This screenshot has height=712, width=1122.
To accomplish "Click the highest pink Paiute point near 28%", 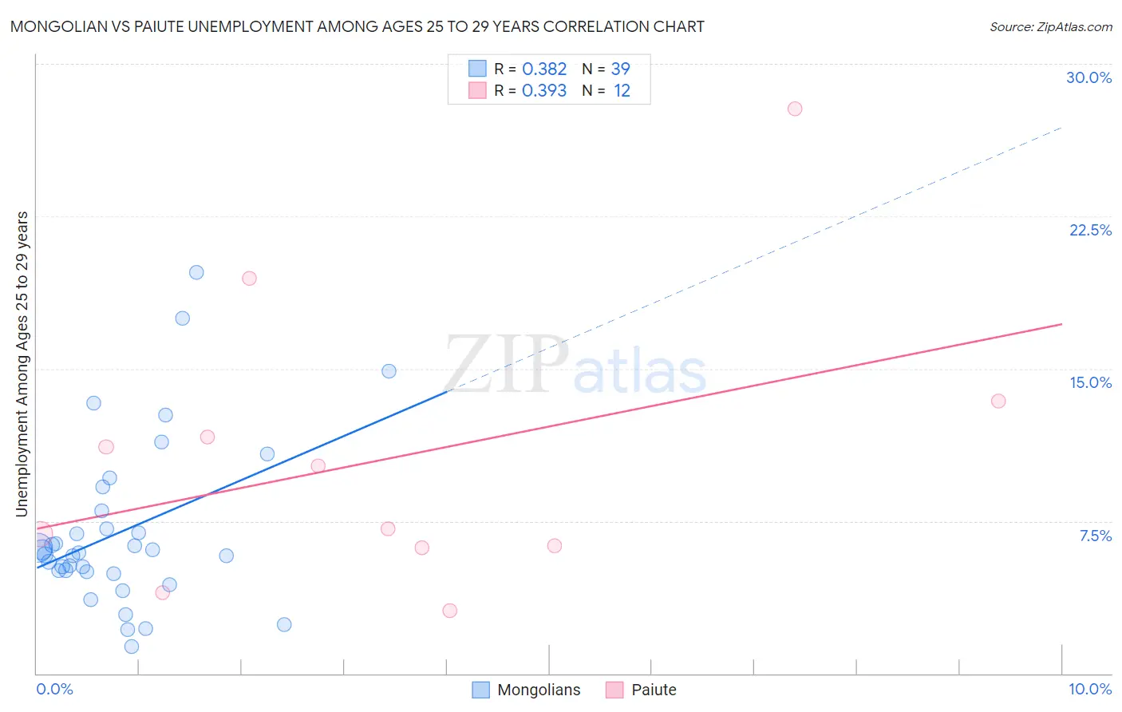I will [x=794, y=109].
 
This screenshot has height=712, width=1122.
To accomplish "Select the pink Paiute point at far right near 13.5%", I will [x=998, y=401].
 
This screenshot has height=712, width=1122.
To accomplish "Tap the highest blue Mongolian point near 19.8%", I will [x=196, y=272].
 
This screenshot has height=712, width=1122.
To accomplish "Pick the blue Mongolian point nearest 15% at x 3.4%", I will [x=389, y=371].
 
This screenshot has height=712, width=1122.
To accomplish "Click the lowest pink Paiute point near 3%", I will [x=449, y=611].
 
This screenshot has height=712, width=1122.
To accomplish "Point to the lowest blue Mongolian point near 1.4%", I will [x=132, y=647].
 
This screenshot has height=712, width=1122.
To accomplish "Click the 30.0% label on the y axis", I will [x=1088, y=77].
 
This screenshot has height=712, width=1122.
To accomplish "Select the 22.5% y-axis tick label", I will [x=1090, y=230].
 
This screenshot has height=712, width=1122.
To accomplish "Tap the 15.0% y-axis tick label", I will [x=1090, y=382].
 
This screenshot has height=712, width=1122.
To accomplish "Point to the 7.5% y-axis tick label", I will [x=1095, y=536].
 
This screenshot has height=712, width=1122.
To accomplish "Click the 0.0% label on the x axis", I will [x=54, y=689].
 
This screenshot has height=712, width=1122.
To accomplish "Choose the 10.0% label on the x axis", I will [x=1089, y=689].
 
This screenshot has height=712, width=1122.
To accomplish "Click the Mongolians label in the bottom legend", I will [x=539, y=690].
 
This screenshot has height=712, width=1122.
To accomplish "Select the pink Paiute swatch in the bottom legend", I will [x=614, y=690].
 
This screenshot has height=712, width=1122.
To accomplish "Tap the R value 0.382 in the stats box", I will [x=544, y=69].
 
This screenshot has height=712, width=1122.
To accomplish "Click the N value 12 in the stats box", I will [x=622, y=91].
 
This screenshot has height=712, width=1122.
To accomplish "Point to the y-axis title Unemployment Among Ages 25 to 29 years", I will [x=22, y=364].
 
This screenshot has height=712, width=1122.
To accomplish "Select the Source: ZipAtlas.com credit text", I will [x=1050, y=26].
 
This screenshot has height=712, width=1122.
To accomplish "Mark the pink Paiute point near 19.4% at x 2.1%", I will [x=249, y=279].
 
